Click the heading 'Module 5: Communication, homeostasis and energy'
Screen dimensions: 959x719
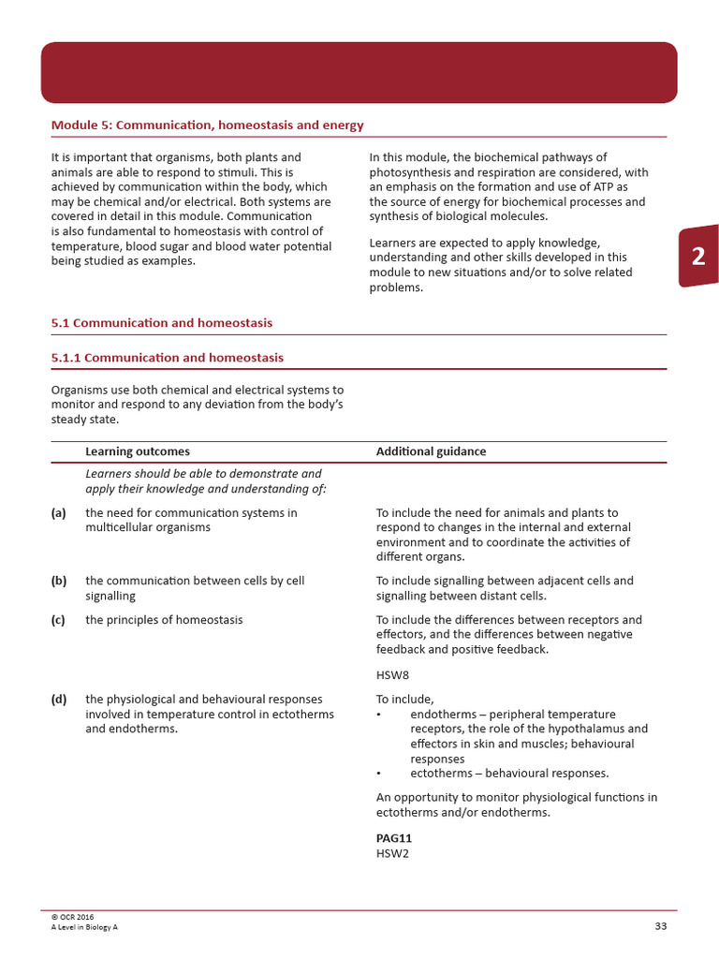tap(207, 125)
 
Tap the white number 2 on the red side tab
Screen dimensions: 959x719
tap(698, 257)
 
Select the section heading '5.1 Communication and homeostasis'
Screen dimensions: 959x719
tap(162, 323)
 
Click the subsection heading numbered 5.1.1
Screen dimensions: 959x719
tap(168, 358)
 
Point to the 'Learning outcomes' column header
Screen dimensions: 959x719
tap(138, 451)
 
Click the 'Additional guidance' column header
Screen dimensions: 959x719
tap(431, 451)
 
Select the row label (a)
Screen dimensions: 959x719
tap(59, 513)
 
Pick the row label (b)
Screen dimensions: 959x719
tap(59, 581)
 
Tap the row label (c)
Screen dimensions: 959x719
tap(59, 620)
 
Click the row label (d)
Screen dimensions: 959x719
tap(59, 699)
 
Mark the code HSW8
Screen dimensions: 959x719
tap(392, 674)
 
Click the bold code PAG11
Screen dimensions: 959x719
tap(394, 838)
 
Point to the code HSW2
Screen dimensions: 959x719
tap(392, 853)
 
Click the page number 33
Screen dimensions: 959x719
tap(661, 926)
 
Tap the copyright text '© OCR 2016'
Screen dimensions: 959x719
tap(73, 917)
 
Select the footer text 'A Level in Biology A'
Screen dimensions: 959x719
tap(84, 927)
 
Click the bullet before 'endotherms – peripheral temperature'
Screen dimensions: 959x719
tap(379, 715)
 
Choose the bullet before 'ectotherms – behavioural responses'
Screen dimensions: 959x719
tap(379, 774)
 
